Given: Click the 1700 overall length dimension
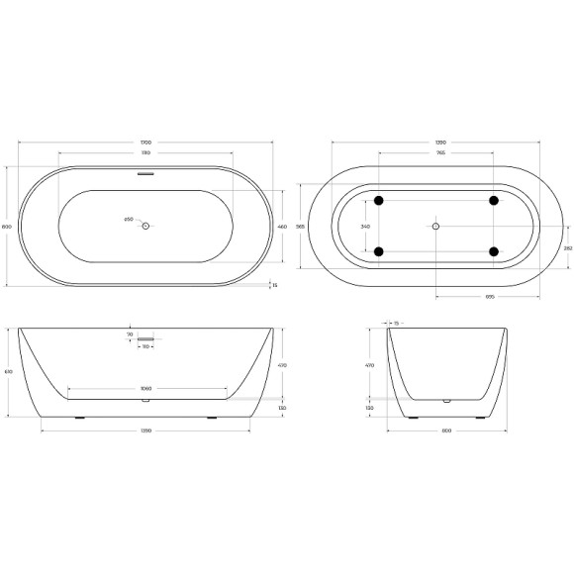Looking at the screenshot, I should tap(145, 143).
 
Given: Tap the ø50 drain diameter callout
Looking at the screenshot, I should tap(129, 220).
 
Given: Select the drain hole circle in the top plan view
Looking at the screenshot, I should tap(145, 227).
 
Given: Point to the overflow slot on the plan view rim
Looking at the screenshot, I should tap(145, 174).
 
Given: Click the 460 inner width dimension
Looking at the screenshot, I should tap(282, 227).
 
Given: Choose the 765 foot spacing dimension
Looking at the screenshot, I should tap(436, 154).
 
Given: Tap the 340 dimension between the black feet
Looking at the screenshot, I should tap(365, 227).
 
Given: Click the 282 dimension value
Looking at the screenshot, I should tap(567, 248).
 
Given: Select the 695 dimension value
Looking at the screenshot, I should tap(489, 298).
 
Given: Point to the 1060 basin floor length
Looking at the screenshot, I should tap(145, 389).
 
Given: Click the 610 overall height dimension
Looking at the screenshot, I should tap(9, 372).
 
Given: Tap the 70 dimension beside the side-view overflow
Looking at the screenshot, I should tap(130, 335).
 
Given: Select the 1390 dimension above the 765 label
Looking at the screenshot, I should tap(436, 143).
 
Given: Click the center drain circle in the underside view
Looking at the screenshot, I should tap(435, 227).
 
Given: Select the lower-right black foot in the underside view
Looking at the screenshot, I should tap(493, 251).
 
